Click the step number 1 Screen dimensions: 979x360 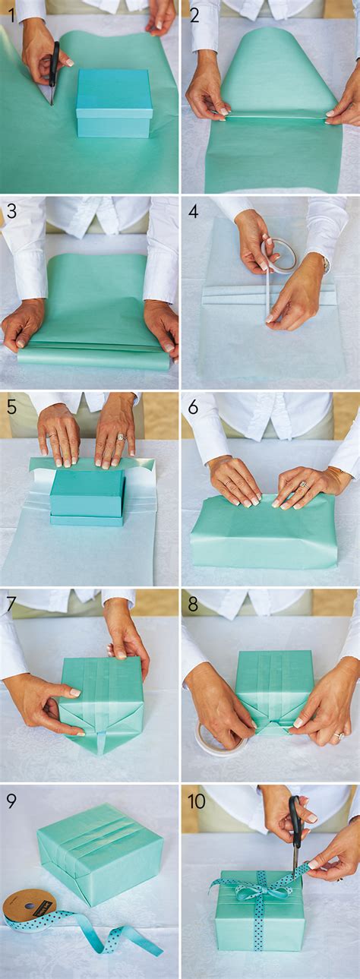10,14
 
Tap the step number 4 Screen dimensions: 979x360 193,210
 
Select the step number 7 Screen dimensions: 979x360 11,605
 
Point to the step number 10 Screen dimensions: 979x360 197,801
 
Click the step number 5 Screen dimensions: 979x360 11,406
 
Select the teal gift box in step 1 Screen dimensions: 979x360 114,103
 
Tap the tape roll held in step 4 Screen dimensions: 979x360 279,255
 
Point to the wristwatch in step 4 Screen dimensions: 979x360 325,264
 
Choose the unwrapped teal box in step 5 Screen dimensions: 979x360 87,497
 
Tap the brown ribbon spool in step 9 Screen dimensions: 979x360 29,905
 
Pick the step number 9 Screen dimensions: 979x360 11,801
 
